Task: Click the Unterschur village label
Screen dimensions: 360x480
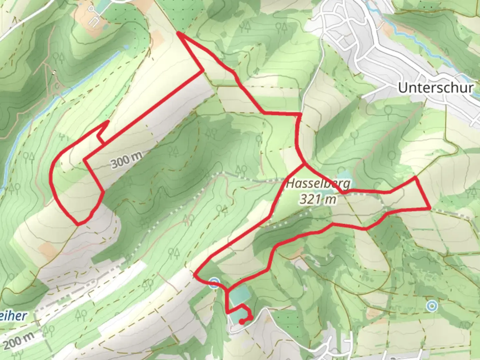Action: click(x=436, y=88)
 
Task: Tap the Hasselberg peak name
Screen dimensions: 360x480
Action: click(x=318, y=183)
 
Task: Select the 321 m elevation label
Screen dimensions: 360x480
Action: click(x=318, y=199)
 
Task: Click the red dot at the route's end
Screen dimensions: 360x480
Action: click(x=241, y=322)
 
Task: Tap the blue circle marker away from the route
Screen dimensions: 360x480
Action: click(x=432, y=305)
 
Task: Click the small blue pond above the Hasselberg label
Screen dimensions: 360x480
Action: click(x=344, y=175)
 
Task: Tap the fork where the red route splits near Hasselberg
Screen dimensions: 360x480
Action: click(x=303, y=164)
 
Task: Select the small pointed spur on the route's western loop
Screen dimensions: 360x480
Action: click(x=108, y=121)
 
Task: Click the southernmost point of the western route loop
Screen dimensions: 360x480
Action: click(x=78, y=224)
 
